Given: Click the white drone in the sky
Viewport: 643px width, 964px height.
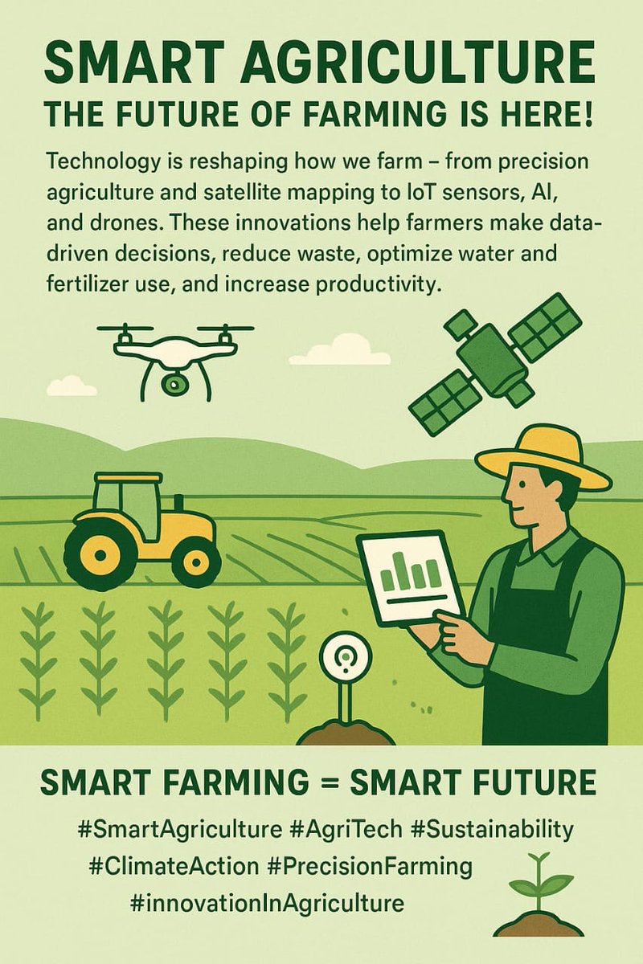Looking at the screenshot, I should (x=174, y=349).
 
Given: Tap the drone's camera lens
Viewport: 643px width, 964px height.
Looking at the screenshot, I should (x=171, y=384).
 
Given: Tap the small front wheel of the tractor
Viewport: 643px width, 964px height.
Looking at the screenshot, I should (x=196, y=561).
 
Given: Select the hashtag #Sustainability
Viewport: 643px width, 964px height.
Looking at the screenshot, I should (x=492, y=829).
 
